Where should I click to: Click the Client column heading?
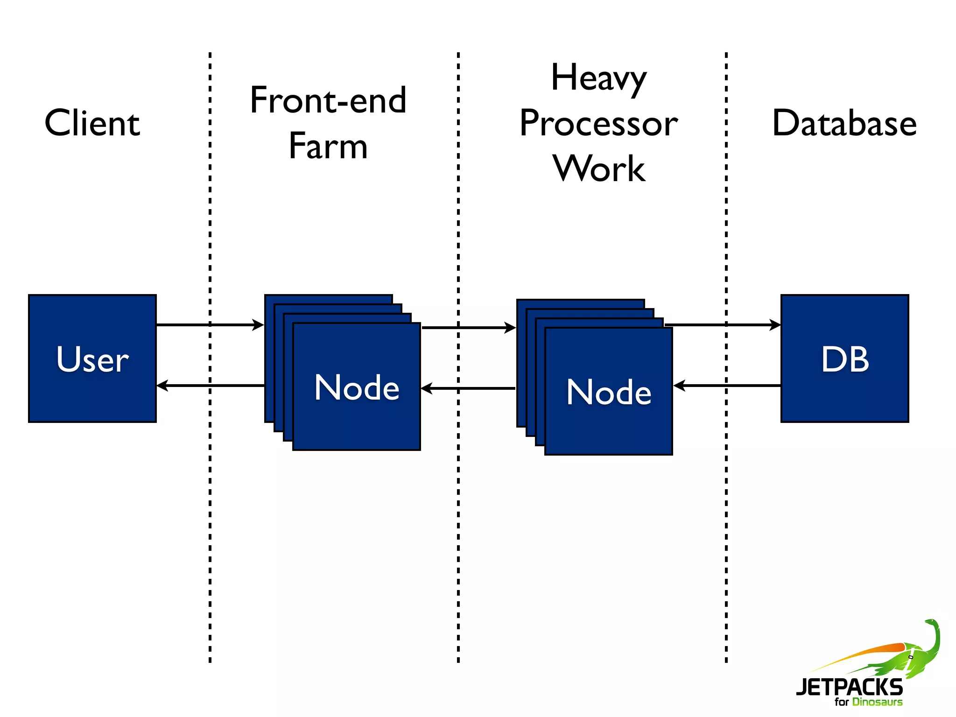coord(92,123)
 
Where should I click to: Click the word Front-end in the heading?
coord(328,100)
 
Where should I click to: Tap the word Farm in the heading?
coord(328,146)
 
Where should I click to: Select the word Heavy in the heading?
coord(598,78)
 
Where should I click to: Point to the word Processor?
coord(598,123)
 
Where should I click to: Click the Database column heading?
coord(844,123)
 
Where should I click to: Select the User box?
coord(92,358)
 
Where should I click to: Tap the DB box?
coord(844,358)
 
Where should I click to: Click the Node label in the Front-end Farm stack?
coord(357,387)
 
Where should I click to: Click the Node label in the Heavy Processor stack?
coord(609,392)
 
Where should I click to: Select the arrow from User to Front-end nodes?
coord(210,324)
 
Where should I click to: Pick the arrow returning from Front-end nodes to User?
coord(210,386)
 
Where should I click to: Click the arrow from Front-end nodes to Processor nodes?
coord(468,328)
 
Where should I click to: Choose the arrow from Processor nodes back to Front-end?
coord(468,388)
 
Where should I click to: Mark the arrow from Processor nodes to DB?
coord(723,324)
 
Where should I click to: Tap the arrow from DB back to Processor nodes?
coord(727,386)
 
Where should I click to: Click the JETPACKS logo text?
coord(849,687)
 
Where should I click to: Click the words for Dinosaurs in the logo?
coord(868,702)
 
